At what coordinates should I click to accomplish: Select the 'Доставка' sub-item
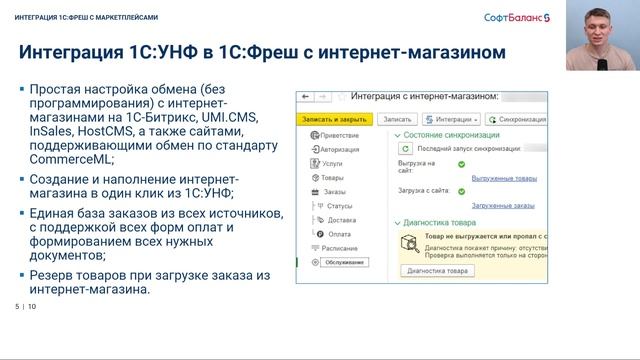340,219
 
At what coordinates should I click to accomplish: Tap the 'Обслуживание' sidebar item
343,262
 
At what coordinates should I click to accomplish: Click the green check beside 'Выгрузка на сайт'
461,163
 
